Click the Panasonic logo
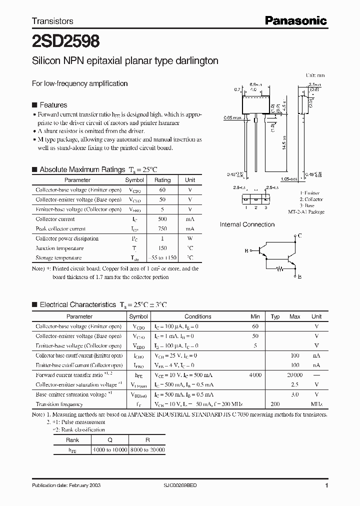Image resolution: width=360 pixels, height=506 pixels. click(x=295, y=20)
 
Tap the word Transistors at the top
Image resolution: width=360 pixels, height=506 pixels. click(x=52, y=21)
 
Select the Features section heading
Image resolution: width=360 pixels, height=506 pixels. click(x=53, y=105)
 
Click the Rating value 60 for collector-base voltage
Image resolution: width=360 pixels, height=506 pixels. click(x=162, y=190)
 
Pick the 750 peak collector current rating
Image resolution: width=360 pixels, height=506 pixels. click(x=162, y=228)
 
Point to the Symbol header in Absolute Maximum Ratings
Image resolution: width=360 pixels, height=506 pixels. click(x=134, y=180)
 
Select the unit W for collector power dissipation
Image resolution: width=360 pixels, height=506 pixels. click(x=190, y=238)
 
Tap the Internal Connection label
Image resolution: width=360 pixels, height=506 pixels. click(x=247, y=224)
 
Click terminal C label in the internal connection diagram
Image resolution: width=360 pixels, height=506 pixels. click(x=299, y=235)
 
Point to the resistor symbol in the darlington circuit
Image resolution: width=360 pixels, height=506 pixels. click(x=280, y=268)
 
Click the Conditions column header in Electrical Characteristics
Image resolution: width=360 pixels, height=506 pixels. click(x=197, y=316)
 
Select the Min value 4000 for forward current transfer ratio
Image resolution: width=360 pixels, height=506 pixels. click(x=255, y=374)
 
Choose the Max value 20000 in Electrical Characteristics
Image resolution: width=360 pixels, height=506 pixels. click(x=295, y=374)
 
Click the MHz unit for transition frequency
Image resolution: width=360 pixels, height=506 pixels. click(x=316, y=404)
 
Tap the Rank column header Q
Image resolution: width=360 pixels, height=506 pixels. click(x=109, y=440)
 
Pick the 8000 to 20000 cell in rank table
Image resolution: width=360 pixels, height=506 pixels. click(x=147, y=450)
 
